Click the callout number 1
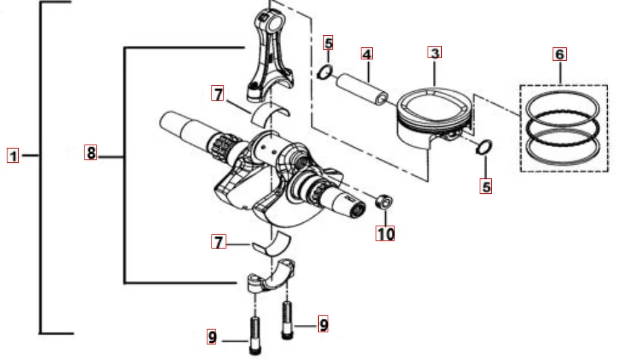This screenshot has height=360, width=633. [x=13, y=155]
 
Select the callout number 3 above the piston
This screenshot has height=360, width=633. [x=434, y=53]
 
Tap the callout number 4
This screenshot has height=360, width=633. [x=367, y=53]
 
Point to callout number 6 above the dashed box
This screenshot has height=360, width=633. [x=559, y=54]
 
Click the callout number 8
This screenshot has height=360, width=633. [x=91, y=152]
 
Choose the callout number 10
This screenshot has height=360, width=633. [x=385, y=233]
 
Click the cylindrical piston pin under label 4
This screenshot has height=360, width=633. [x=363, y=88]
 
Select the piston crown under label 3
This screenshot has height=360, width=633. [x=434, y=104]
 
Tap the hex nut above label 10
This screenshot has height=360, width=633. [x=384, y=202]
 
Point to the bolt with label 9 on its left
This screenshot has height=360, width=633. [x=255, y=336]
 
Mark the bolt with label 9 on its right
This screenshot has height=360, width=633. [x=286, y=320]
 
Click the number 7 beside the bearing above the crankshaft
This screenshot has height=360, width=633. [x=218, y=93]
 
